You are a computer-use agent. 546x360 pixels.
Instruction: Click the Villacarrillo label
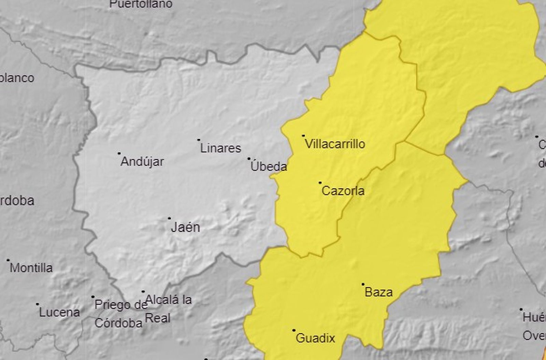coord(335,144)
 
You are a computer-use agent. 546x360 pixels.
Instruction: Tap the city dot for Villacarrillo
coord(303,136)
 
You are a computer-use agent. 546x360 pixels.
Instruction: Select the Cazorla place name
coord(343,191)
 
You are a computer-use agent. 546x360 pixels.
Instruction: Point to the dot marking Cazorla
coord(320,183)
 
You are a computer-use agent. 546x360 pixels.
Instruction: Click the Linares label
coord(220,148)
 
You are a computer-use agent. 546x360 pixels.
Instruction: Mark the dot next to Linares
coord(199,140)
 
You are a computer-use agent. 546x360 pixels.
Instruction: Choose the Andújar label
coord(142,161)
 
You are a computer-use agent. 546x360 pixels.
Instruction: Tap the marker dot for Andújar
coord(119,154)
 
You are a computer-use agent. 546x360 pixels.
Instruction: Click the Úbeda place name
coord(269,167)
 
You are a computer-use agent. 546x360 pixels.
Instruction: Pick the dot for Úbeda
coord(249,159)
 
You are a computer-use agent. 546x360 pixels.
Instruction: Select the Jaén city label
coord(185,227)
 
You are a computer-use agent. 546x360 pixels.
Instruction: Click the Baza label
coord(378,292)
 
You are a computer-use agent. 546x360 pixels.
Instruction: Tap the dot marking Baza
coord(363,284)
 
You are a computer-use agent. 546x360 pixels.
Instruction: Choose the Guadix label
coord(315,338)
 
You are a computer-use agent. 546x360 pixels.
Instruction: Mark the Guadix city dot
coord(294,330)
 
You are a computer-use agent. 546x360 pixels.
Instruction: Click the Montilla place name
coord(31,268)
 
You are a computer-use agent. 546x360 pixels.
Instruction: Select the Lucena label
coord(59,312)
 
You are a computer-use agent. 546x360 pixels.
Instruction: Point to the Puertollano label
coord(141,4)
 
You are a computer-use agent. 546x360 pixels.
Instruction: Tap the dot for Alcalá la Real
coord(143,292)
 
